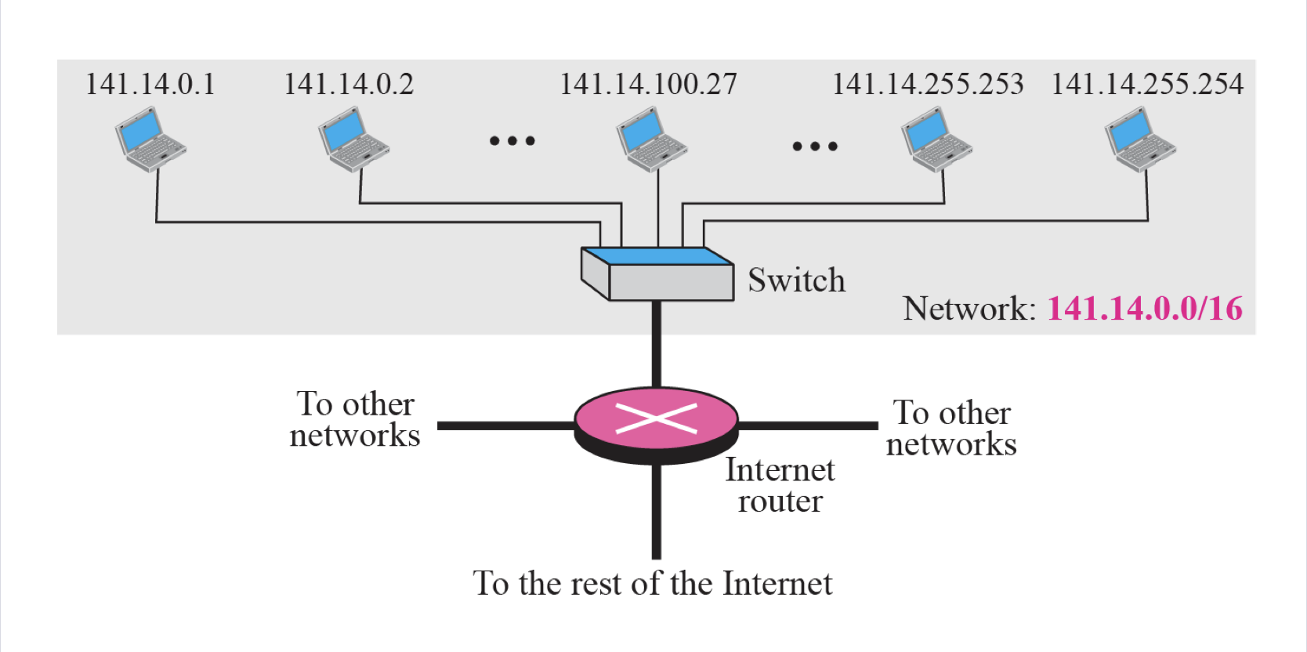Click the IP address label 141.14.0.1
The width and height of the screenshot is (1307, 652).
click(x=150, y=84)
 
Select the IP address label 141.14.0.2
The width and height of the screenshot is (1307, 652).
click(x=349, y=84)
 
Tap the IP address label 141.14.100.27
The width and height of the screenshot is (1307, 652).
click(x=648, y=84)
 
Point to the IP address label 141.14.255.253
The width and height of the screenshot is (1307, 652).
click(x=928, y=84)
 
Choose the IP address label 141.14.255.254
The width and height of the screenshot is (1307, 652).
click(x=1147, y=84)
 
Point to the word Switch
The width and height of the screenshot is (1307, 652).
click(x=796, y=281)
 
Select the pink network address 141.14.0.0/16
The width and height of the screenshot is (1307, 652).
click(x=1145, y=309)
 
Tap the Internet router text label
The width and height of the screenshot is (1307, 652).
click(x=780, y=485)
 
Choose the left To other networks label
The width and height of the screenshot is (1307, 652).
click(x=355, y=419)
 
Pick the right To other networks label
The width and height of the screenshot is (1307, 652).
click(x=951, y=428)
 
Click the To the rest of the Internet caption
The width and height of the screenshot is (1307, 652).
click(x=652, y=584)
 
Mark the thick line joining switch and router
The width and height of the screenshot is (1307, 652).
click(x=657, y=345)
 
